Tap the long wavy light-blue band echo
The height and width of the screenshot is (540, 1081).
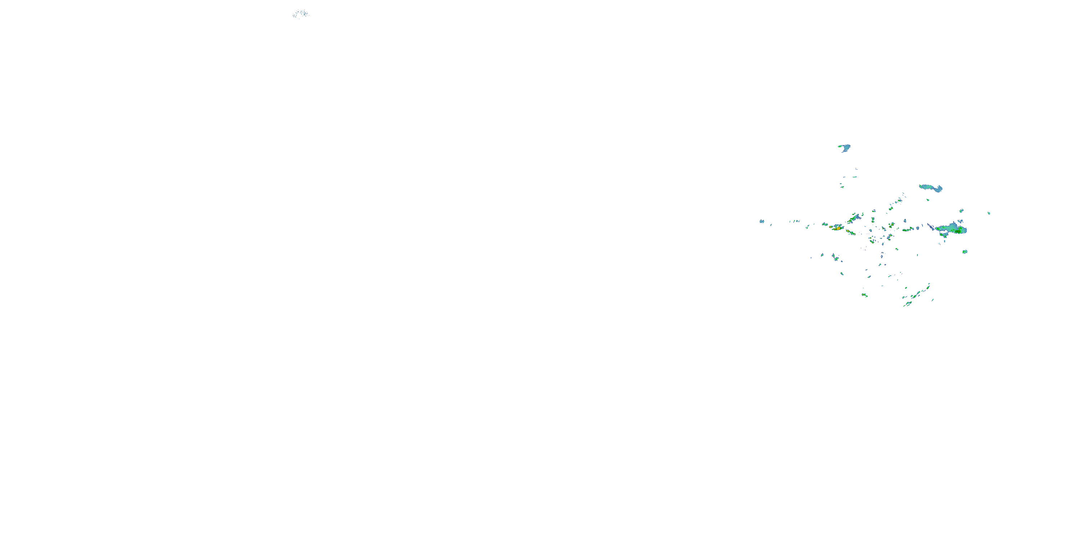pos(931,188)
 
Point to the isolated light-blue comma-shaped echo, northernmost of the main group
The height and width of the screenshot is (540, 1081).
pos(844,147)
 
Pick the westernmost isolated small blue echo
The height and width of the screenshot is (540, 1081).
pos(762,221)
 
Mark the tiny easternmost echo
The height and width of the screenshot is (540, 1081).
pos(989,213)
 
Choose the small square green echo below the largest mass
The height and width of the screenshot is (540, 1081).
pos(965,252)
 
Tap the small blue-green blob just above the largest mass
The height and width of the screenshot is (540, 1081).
pos(961,211)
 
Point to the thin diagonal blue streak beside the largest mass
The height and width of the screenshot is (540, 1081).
pos(931,227)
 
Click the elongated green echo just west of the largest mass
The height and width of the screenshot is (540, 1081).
pos(907,230)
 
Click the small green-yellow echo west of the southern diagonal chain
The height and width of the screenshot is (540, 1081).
pos(864,295)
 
